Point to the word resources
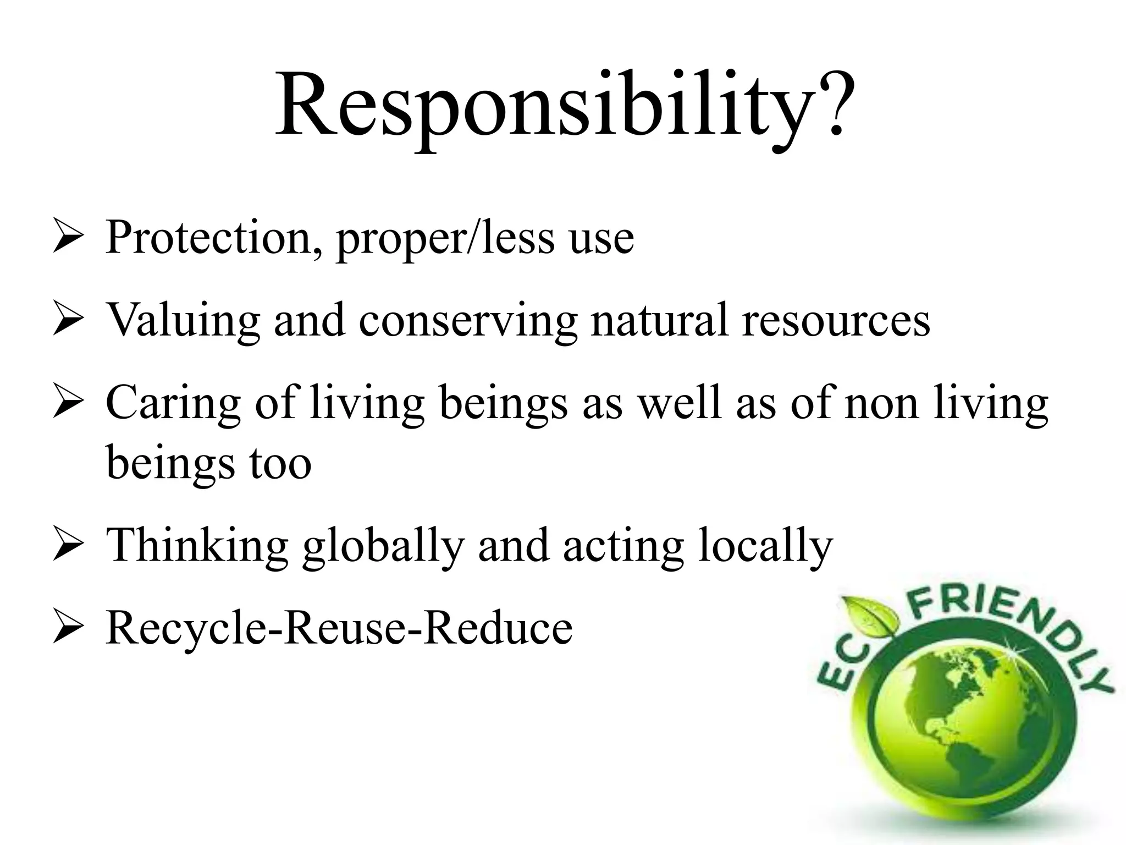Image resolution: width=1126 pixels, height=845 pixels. click(836, 320)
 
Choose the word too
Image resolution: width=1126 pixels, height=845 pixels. click(280, 463)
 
